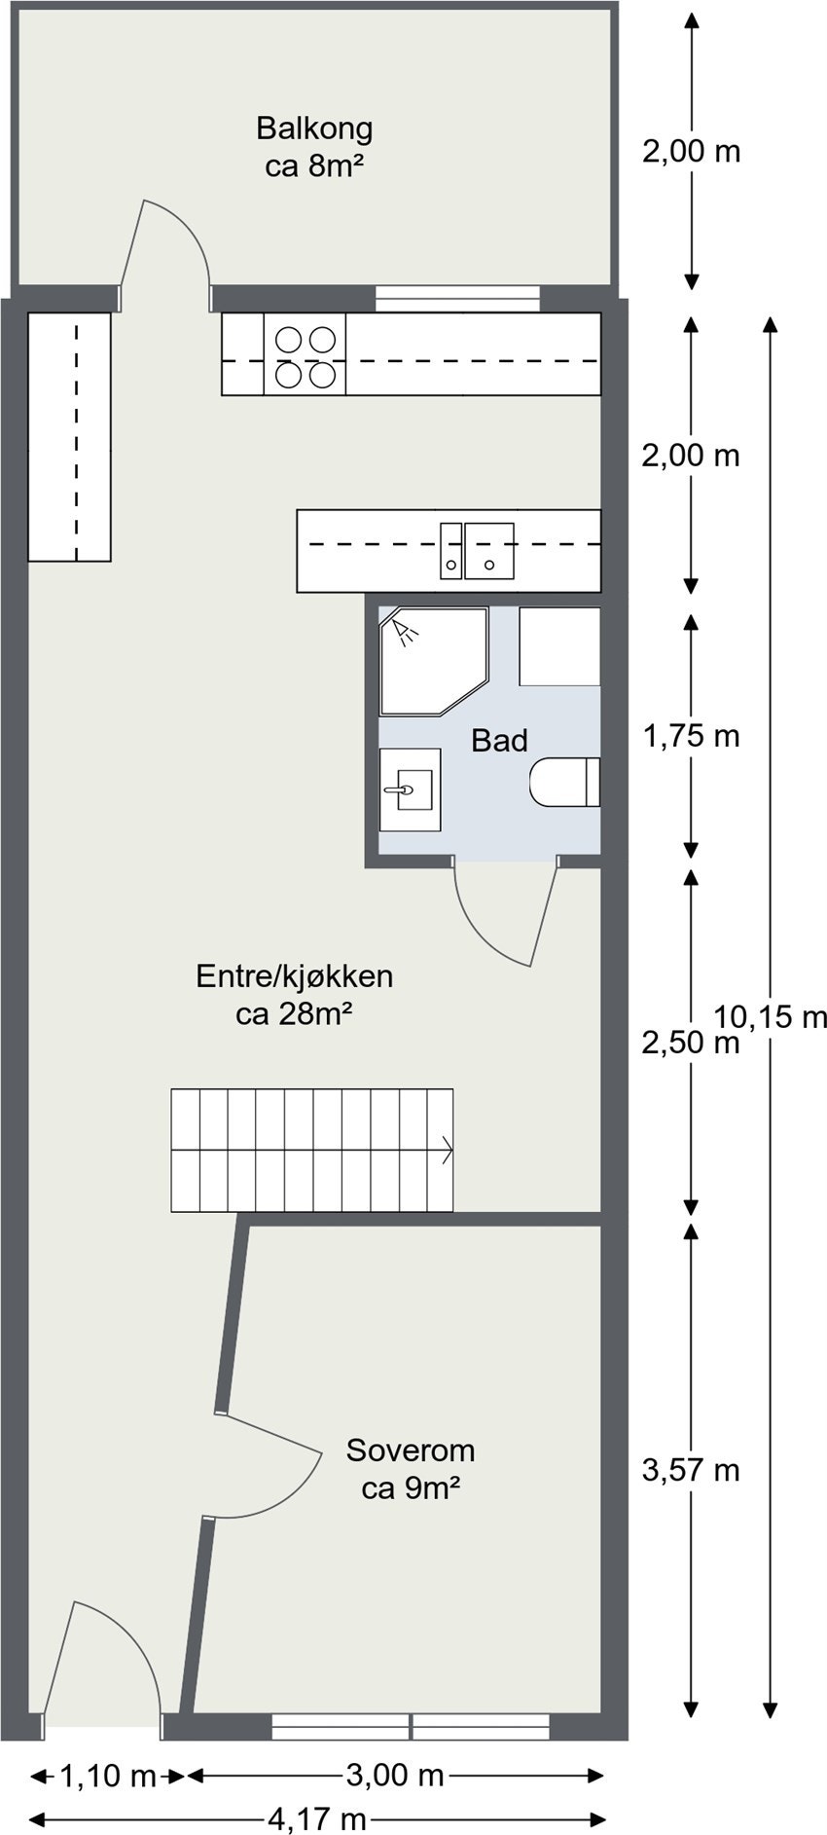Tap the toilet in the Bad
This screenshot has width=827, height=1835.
[x=564, y=782]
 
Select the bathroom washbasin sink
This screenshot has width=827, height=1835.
[x=409, y=789]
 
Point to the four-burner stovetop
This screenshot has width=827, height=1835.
[x=305, y=354]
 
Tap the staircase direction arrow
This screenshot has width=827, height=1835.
[x=447, y=1149]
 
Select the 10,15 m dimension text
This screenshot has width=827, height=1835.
[x=771, y=1017]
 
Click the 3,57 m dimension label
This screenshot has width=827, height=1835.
[x=691, y=1469]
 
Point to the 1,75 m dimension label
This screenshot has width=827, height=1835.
[x=691, y=736]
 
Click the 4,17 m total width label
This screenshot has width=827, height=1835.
[x=317, y=1817]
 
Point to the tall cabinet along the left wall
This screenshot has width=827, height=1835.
[x=68, y=436]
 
